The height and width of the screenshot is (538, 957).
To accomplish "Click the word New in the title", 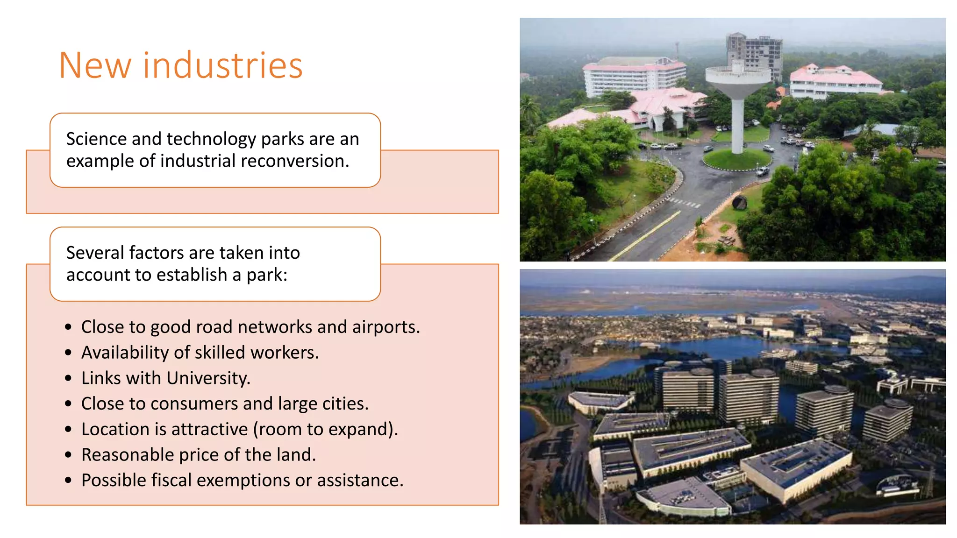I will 95,65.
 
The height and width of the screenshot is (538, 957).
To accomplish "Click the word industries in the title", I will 223,65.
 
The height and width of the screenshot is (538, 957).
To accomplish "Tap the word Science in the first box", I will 96,139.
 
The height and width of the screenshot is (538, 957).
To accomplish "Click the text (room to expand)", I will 326,430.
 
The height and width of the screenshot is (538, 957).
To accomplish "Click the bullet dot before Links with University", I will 69,378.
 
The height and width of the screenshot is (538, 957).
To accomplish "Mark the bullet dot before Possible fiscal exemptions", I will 69,481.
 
